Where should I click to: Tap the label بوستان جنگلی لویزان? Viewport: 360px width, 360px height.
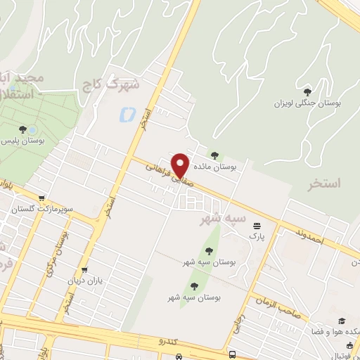coord(307,103)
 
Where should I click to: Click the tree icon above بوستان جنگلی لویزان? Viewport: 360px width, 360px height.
coord(307,91)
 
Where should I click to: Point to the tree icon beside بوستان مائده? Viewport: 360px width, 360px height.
coord(214,155)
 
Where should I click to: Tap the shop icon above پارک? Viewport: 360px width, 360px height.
coord(257,226)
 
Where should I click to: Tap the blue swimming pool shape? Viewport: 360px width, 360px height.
coord(128,112)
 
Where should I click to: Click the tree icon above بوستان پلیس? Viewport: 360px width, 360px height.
coord(23,129)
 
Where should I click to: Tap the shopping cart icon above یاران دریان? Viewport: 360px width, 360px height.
coord(85,269)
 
